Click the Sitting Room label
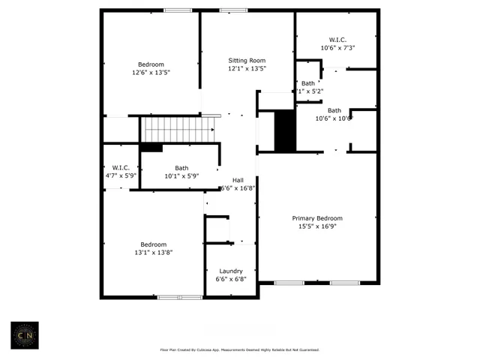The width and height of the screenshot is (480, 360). (x=247, y=60)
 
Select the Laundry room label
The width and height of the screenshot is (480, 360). (x=230, y=271)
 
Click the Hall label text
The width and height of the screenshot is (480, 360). (x=238, y=180)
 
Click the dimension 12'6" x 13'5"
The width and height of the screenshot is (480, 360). (x=151, y=73)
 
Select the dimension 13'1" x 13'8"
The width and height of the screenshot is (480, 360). (x=154, y=253)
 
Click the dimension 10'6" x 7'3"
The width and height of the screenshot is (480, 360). (x=337, y=48)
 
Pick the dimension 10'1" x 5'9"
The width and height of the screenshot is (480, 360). (x=181, y=176)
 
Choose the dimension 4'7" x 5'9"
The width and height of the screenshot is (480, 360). (x=121, y=176)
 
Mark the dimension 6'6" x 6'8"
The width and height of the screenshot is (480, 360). (x=230, y=279)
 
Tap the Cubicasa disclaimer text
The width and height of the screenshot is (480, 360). (x=240, y=349)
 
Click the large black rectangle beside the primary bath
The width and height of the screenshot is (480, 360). (x=285, y=130)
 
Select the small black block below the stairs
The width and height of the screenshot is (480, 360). (x=151, y=147)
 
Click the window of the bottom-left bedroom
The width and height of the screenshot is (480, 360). (x=179, y=298)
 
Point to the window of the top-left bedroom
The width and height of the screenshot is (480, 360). (x=178, y=10)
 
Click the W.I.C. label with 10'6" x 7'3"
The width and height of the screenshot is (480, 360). (x=337, y=40)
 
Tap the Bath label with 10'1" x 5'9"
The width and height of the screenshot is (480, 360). (x=181, y=168)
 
